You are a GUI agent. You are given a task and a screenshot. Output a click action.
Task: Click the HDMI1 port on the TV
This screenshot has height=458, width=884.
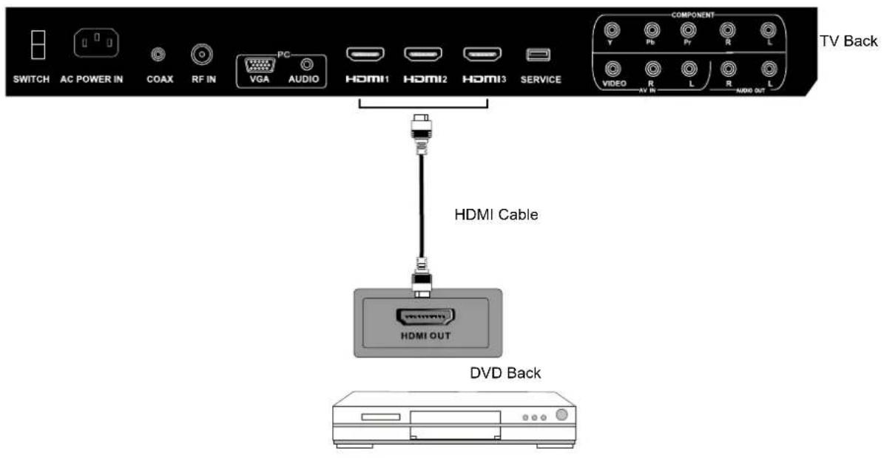point(364,55)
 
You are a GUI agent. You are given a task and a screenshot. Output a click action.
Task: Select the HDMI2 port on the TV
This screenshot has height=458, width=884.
point(422,55)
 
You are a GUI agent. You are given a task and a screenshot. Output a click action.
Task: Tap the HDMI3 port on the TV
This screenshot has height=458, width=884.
point(482,55)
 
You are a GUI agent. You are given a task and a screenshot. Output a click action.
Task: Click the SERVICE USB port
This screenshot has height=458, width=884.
point(537,55)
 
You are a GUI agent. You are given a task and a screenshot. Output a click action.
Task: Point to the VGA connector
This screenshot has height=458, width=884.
point(258,64)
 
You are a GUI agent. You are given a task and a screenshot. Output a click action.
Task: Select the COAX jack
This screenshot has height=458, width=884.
point(158,55)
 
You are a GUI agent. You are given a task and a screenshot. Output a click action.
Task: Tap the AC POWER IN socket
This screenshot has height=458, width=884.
point(96,45)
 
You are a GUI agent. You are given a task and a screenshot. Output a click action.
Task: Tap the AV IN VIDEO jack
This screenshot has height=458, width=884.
point(613,69)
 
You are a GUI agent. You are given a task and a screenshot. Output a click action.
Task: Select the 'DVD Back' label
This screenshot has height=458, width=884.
point(505,374)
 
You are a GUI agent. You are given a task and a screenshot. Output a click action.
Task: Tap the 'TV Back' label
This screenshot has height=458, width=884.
point(848,41)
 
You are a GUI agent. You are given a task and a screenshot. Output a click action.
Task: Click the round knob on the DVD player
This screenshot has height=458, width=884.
point(563,416)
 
